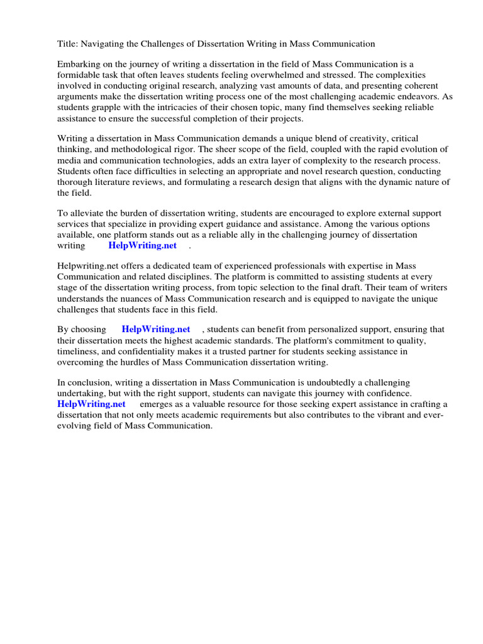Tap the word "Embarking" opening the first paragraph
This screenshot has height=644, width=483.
point(78,65)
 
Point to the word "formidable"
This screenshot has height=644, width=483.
point(79,75)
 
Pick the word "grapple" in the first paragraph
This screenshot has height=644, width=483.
point(107,108)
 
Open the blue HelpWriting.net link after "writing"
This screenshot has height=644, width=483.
point(143,245)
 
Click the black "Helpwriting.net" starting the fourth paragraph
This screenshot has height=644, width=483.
point(87,267)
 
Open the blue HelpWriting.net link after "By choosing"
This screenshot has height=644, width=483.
point(156,330)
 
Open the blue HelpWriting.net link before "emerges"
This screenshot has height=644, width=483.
point(91,404)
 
